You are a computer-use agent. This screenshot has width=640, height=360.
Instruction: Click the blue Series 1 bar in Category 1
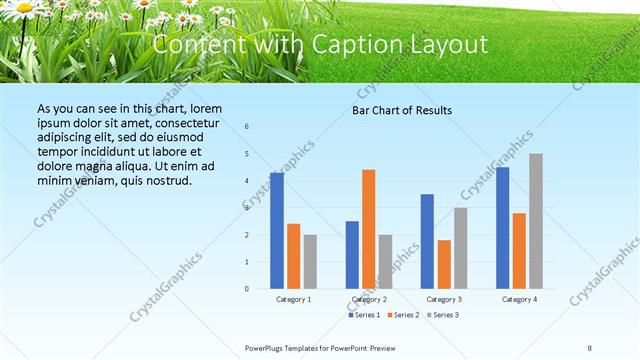click(x=276, y=231)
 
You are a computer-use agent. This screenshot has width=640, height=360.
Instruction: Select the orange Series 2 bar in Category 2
click(x=369, y=229)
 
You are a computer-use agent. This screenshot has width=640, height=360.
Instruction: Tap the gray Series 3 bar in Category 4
click(x=536, y=221)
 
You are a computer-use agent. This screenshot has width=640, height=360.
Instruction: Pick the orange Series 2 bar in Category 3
click(x=444, y=264)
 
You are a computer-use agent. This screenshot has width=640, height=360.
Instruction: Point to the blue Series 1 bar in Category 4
click(x=502, y=228)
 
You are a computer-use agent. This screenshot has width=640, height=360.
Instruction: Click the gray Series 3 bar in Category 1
click(x=310, y=262)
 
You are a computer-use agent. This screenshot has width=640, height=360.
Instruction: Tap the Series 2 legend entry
click(x=404, y=315)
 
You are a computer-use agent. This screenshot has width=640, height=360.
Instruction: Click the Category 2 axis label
click(x=369, y=299)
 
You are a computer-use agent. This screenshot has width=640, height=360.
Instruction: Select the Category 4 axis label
click(x=519, y=299)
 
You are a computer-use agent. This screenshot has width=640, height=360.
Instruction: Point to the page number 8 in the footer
click(x=590, y=347)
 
